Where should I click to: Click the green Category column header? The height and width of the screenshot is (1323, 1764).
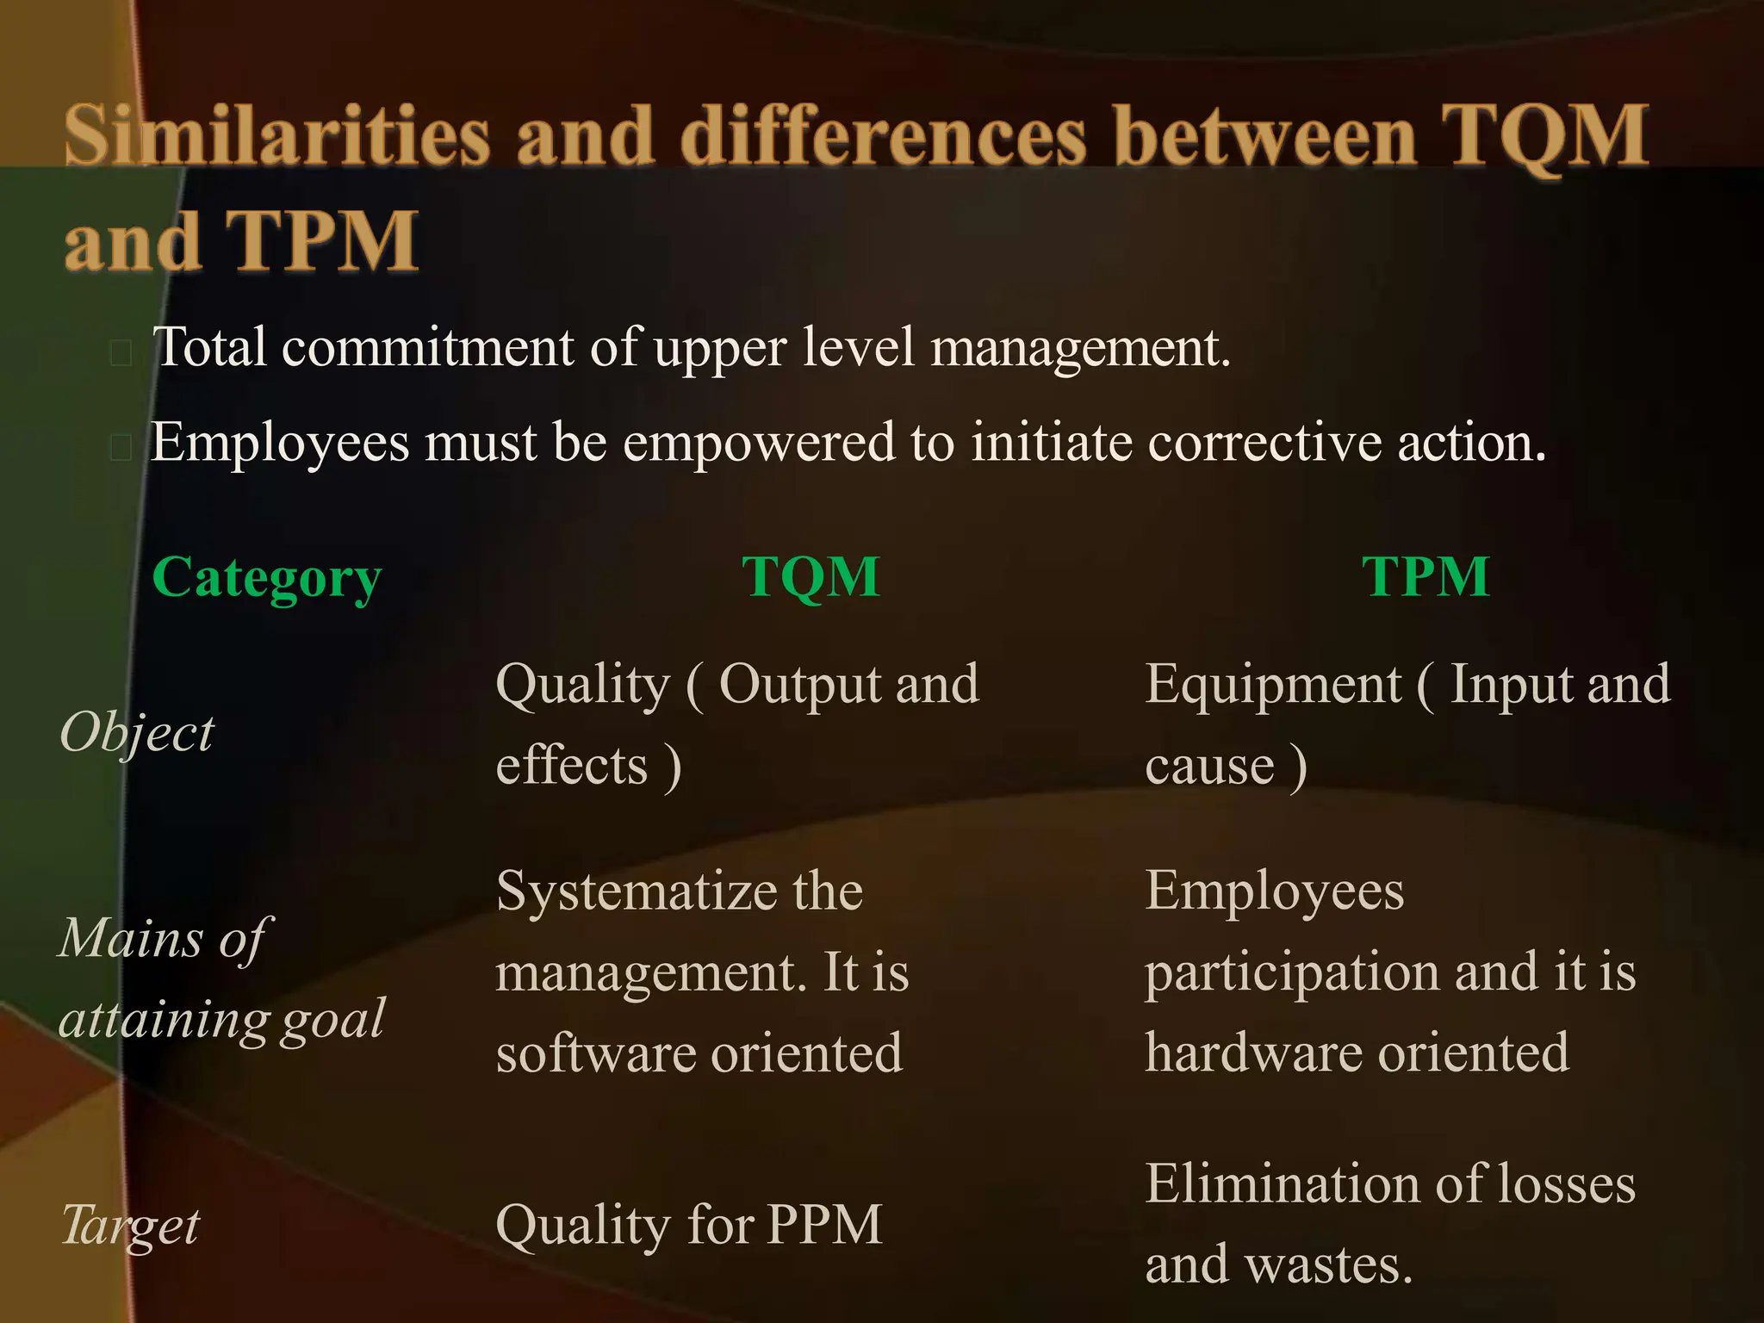(266, 578)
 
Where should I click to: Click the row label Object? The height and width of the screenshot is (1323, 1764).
(136, 734)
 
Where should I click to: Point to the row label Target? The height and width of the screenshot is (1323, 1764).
(130, 1225)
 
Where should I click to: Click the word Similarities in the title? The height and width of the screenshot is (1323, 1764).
(276, 136)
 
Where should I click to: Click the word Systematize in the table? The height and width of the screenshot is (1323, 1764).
(637, 891)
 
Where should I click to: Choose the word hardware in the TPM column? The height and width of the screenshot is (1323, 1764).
(1252, 1053)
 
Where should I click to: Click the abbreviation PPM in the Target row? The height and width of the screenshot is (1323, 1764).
(824, 1224)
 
